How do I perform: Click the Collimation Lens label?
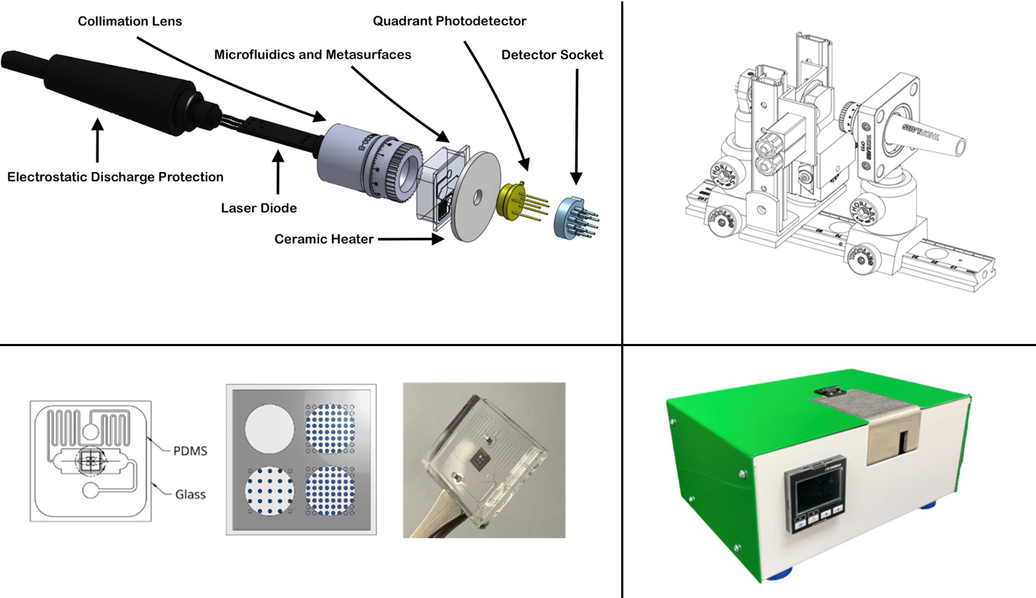click(130, 21)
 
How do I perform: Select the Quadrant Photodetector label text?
click(449, 21)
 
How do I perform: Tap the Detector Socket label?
click(552, 54)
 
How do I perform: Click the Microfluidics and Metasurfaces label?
click(313, 54)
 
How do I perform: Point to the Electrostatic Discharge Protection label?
click(115, 176)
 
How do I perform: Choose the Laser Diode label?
click(259, 208)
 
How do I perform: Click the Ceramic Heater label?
click(324, 239)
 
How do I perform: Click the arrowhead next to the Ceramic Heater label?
click(438, 239)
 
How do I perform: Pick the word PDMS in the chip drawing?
click(190, 451)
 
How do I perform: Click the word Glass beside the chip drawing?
click(190, 494)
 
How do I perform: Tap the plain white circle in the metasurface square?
click(269, 428)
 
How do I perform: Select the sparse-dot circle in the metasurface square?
click(269, 491)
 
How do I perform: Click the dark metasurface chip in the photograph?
click(478, 460)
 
